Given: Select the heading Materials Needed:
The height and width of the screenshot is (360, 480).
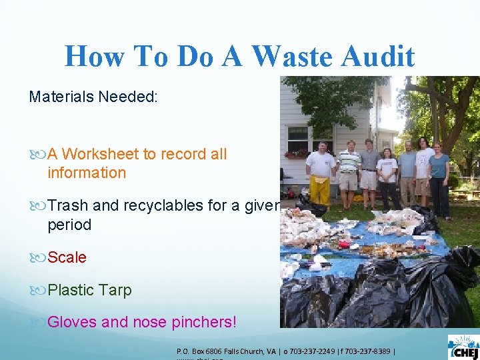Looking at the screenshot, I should [x=93, y=97].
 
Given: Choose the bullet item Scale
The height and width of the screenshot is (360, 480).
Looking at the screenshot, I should [x=67, y=257].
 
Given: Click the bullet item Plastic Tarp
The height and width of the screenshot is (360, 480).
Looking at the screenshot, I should [x=89, y=290].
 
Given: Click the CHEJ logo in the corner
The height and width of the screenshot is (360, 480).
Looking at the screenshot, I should [x=463, y=347].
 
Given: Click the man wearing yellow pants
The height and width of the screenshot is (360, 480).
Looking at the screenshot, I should [x=321, y=173].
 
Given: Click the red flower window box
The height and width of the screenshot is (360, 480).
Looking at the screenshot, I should [x=296, y=154].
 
